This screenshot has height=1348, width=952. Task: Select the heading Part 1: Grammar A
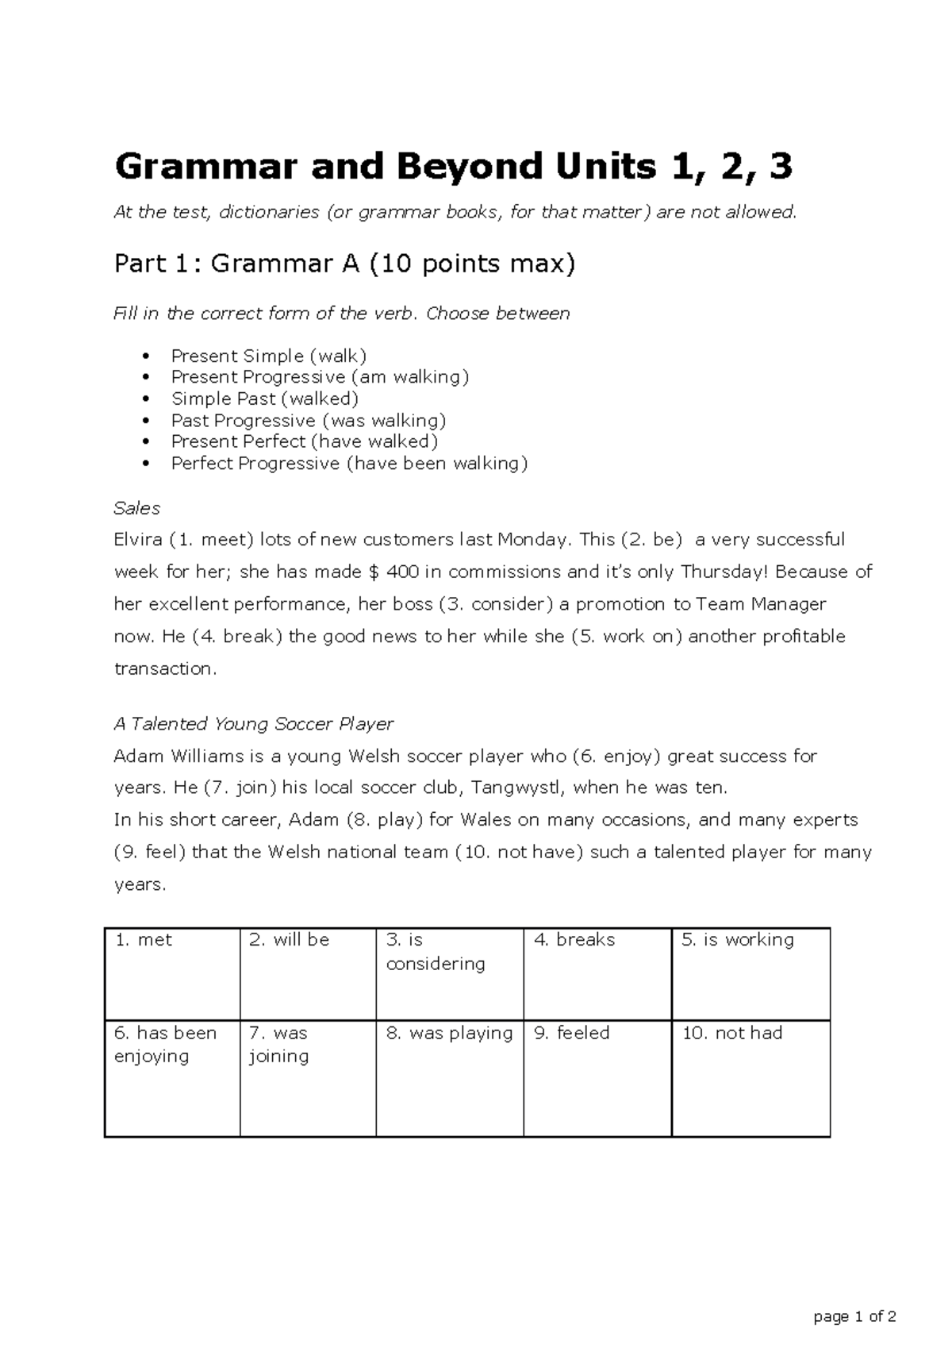click(344, 264)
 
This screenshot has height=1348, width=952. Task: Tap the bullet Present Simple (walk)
click(269, 356)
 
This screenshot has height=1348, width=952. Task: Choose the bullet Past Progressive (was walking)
click(309, 420)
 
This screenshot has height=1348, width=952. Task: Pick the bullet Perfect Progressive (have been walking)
click(349, 464)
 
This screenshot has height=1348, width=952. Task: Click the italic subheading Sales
click(137, 508)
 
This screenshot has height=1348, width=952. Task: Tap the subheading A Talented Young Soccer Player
click(254, 724)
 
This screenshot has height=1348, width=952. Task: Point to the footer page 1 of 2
click(855, 1316)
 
